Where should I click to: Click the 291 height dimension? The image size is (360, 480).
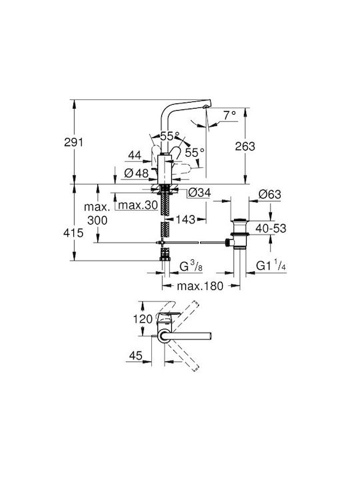click(73, 142)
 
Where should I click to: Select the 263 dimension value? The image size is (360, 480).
click(245, 146)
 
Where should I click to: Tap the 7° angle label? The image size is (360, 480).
click(229, 115)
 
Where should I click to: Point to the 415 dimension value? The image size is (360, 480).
click(73, 233)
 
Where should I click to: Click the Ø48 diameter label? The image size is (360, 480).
click(137, 173)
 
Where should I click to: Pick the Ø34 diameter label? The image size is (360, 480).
click(199, 193)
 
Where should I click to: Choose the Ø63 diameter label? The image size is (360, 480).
click(270, 194)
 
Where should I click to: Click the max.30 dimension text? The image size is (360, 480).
click(138, 205)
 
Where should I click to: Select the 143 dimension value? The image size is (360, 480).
click(185, 219)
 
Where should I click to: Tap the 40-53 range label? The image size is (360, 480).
click(271, 229)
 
